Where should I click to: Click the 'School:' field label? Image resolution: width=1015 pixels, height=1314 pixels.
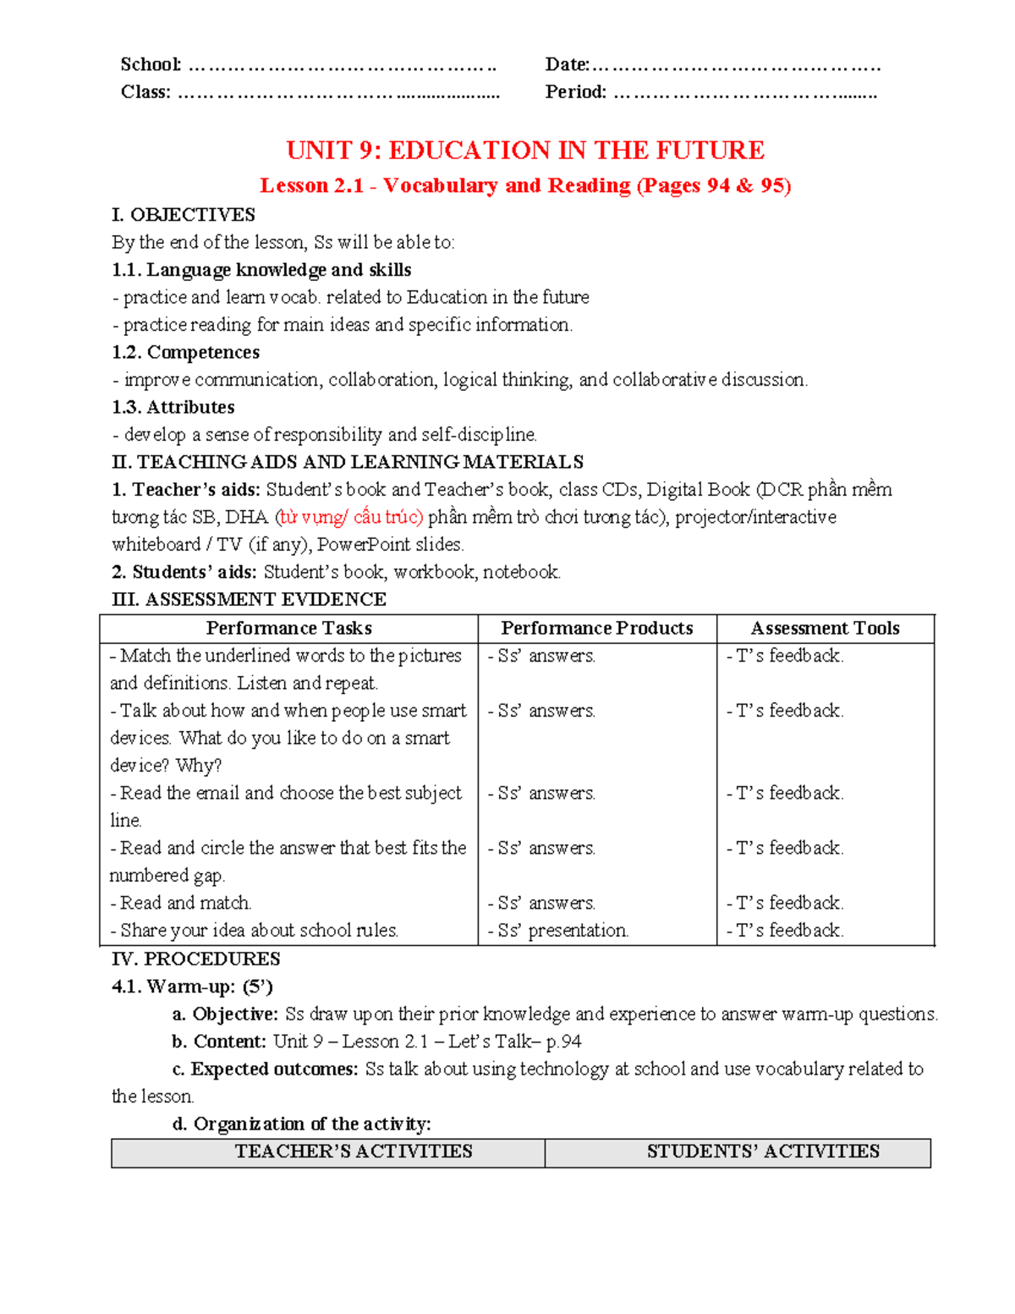click(x=151, y=64)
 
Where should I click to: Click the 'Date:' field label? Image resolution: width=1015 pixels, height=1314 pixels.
click(x=567, y=64)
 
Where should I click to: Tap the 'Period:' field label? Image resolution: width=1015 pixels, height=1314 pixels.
click(x=575, y=92)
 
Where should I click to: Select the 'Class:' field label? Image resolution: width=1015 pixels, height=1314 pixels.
click(x=145, y=92)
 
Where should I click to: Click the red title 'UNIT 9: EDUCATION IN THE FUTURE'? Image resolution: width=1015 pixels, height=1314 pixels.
click(x=524, y=151)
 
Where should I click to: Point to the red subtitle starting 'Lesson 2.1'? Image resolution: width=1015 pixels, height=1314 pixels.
click(x=524, y=185)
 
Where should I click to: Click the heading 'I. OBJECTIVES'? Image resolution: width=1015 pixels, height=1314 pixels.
click(x=184, y=215)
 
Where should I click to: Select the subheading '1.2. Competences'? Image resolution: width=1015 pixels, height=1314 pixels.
click(x=185, y=352)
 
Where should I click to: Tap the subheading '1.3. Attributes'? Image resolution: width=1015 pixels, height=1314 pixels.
click(x=173, y=407)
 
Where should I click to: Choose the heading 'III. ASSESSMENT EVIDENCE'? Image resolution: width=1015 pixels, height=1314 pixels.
click(x=249, y=599)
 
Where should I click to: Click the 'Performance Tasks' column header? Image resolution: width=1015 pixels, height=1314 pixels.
click(x=288, y=628)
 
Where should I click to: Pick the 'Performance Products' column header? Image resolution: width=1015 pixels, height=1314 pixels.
click(x=596, y=628)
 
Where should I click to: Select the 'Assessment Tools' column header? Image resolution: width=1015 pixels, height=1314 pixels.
click(x=825, y=628)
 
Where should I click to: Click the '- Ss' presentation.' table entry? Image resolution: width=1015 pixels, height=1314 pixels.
click(x=558, y=931)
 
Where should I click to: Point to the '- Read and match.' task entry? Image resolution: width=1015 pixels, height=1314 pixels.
click(x=181, y=903)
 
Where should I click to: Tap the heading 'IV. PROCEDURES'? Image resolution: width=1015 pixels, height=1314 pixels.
click(x=195, y=959)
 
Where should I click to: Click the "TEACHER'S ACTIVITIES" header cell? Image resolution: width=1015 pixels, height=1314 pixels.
click(x=354, y=1152)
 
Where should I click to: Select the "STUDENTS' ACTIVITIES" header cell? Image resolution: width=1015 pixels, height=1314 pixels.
click(x=763, y=1152)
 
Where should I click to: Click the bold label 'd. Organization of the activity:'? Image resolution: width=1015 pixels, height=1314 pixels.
click(x=301, y=1124)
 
